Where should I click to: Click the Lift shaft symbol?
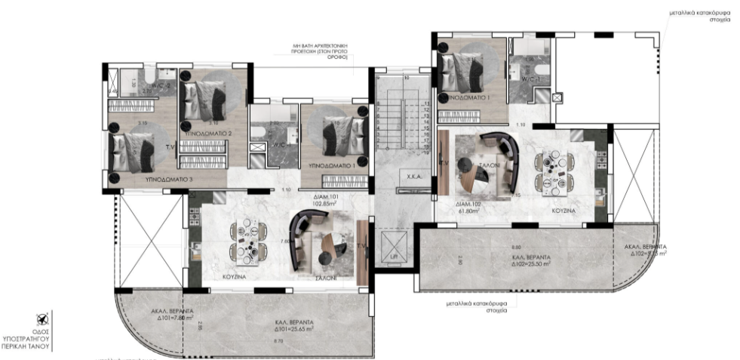point(393,247)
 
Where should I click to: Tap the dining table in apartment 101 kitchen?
point(247,242)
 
